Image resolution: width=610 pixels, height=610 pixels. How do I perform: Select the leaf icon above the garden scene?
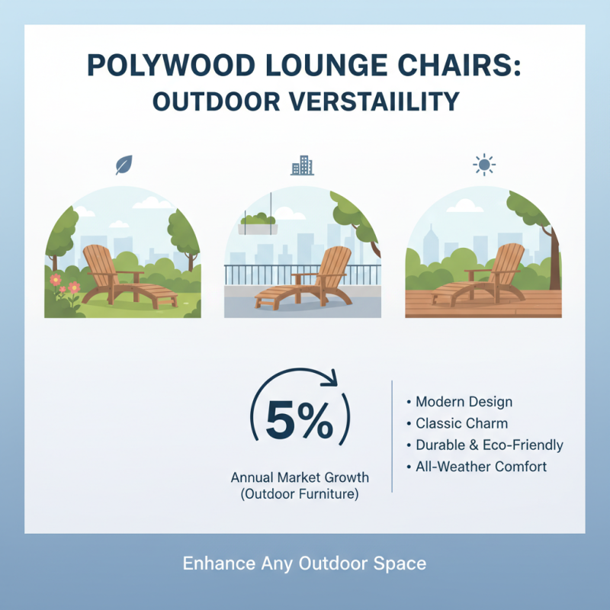tap(123, 165)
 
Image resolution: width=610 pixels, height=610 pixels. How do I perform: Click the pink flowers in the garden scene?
tap(65, 284)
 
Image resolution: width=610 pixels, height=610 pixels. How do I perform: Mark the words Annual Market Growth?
tap(300, 478)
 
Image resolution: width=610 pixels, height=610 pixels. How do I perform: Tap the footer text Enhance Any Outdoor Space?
tap(304, 564)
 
